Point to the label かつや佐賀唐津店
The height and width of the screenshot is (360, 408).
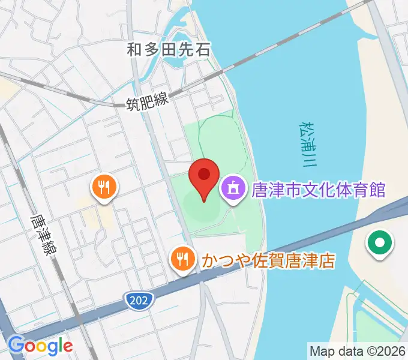(268, 261)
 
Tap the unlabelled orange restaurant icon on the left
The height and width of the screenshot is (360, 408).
(104, 187)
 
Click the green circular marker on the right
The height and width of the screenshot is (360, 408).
(380, 244)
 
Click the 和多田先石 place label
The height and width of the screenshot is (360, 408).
(169, 49)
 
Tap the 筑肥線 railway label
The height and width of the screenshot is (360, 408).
(148, 103)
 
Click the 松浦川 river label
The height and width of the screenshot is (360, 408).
(307, 145)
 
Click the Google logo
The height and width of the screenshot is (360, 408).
(40, 346)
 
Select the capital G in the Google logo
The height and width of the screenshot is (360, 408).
(16, 345)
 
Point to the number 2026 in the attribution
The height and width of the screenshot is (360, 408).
(390, 350)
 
